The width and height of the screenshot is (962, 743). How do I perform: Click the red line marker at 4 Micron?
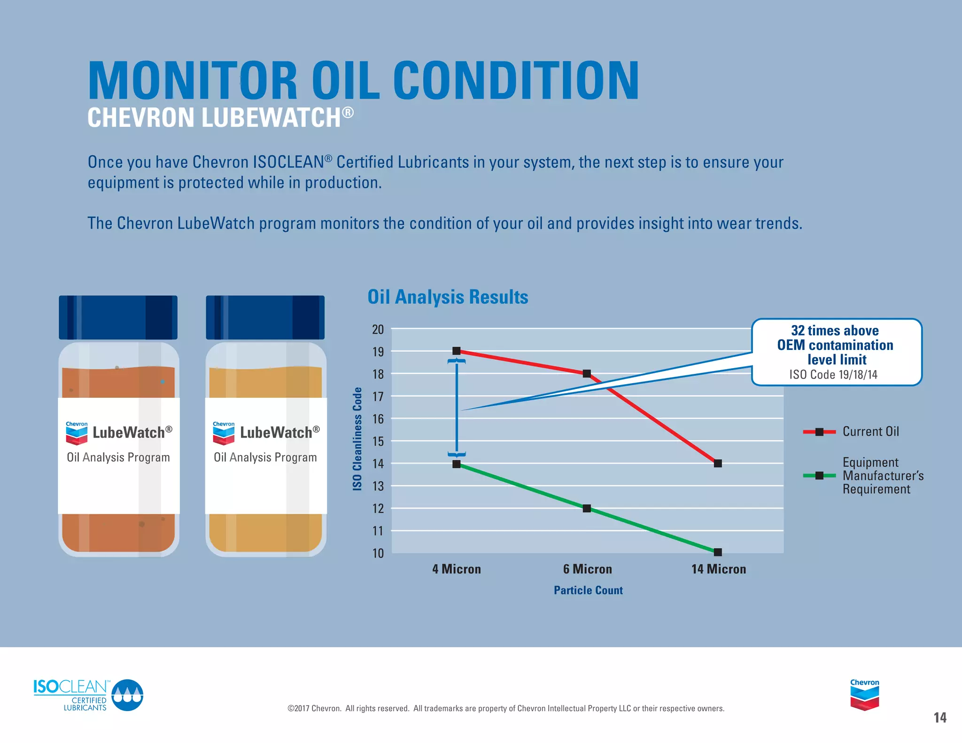[x=456, y=351]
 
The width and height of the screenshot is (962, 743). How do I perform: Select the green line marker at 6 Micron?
[x=587, y=508]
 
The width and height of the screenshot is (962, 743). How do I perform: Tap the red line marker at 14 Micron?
[x=718, y=463]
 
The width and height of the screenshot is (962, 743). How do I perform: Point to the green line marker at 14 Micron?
[x=718, y=552]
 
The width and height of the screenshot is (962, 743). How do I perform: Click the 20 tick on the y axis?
[x=378, y=329]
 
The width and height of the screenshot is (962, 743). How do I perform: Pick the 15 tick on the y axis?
[x=378, y=441]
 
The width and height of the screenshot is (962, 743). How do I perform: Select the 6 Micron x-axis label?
[x=587, y=569]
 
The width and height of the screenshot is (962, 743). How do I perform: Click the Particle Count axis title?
[x=588, y=590]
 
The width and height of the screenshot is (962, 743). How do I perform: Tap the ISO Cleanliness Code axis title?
[x=357, y=439]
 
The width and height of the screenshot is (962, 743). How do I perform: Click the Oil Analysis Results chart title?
[x=448, y=297]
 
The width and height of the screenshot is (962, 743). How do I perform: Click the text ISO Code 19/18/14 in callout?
[x=833, y=374]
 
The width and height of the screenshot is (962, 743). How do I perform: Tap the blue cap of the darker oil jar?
[x=118, y=317]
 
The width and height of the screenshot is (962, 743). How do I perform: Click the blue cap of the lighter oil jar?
[x=265, y=317]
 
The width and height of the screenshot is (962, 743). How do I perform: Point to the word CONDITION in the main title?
[x=515, y=81]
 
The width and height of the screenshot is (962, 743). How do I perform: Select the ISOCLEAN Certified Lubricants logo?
[x=88, y=695]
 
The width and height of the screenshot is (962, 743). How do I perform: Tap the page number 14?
[x=939, y=717]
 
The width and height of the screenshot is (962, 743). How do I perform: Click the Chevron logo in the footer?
[x=864, y=695]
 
